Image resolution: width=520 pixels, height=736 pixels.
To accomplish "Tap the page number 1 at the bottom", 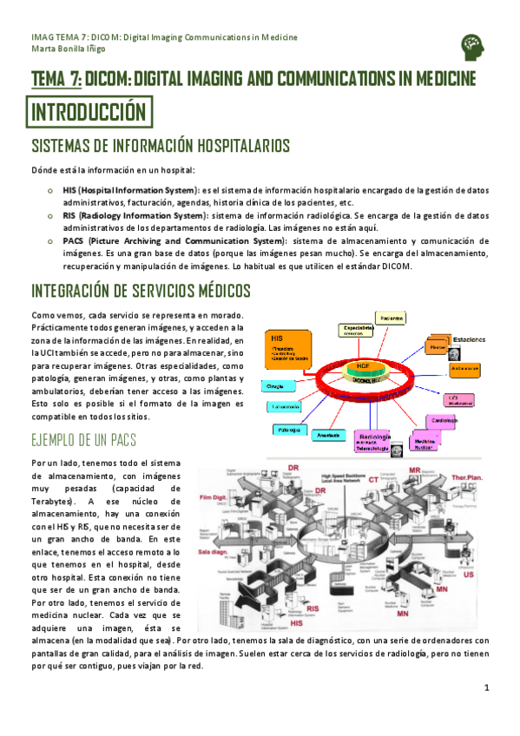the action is pyautogui.click(x=488, y=688).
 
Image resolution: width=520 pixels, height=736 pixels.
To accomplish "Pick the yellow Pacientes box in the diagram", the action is pyautogui.click(x=392, y=319).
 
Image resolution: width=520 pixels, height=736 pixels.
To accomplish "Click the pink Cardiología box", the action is pyautogui.click(x=444, y=422).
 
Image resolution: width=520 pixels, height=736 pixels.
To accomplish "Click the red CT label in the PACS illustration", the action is pyautogui.click(x=373, y=479).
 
